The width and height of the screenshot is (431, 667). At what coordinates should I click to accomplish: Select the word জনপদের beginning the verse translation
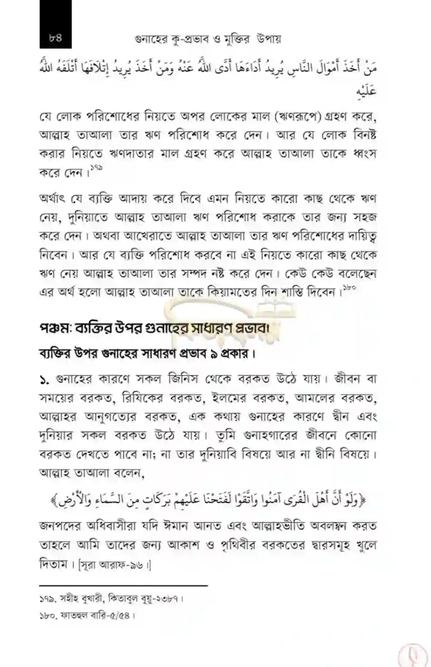coord(63,528)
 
